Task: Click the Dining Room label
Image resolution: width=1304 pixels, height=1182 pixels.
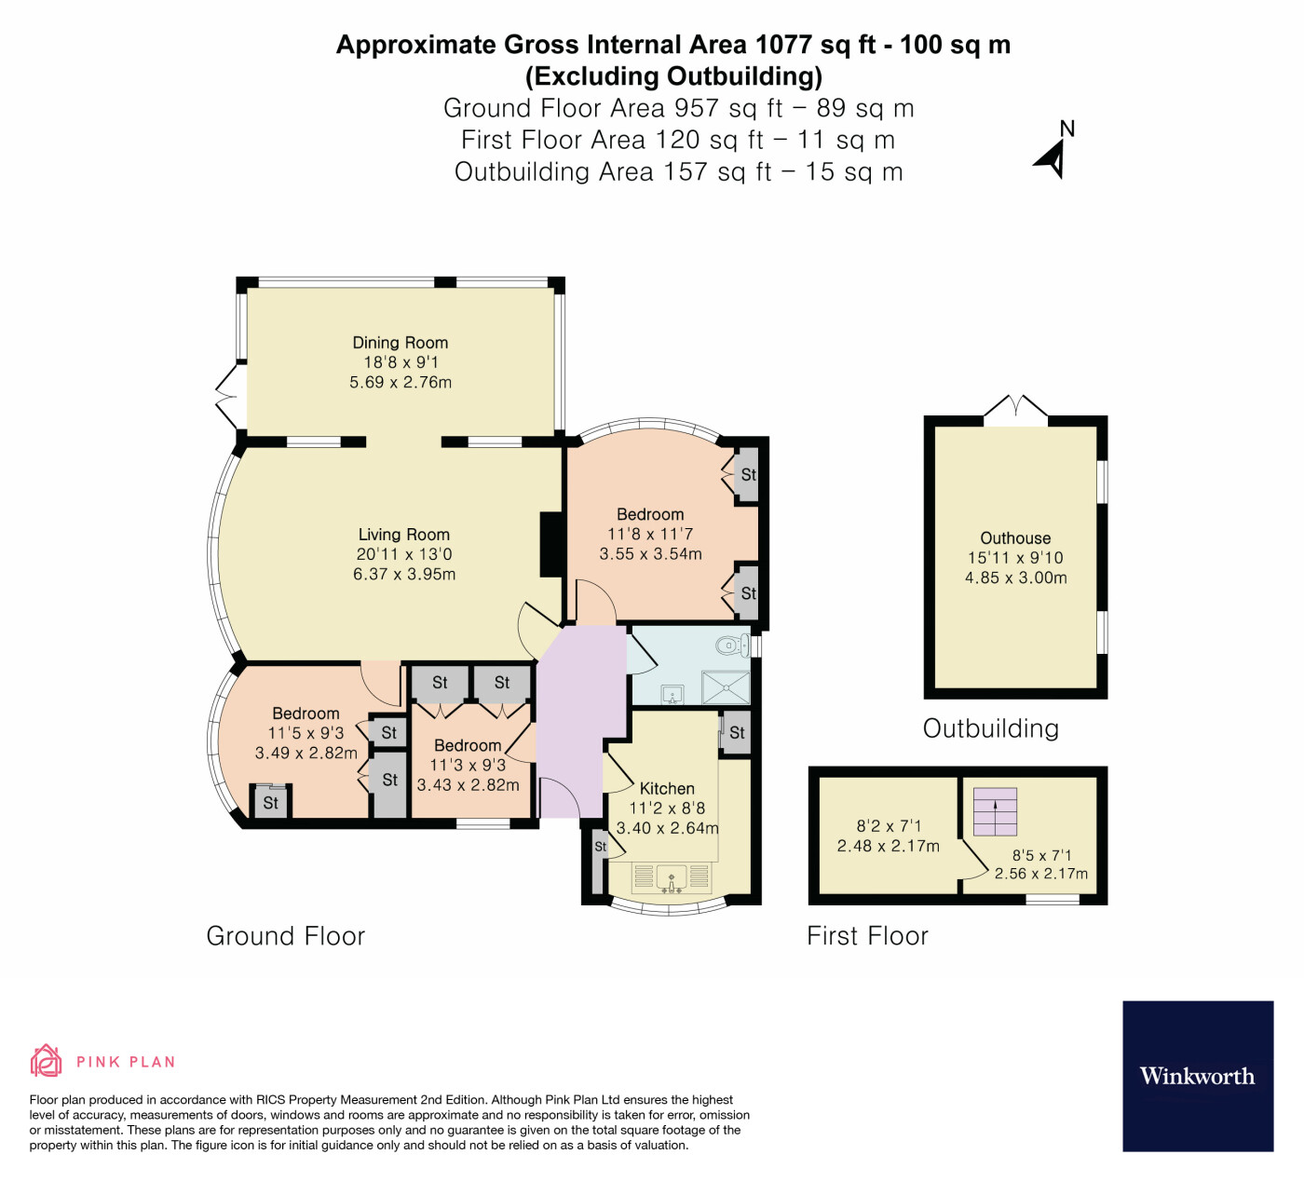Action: pos(400,343)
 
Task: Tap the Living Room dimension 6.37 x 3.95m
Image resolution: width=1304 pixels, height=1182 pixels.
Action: pos(403,574)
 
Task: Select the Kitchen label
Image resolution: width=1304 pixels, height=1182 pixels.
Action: pos(667,788)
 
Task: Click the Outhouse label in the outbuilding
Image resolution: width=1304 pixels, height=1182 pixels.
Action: pos(1015,538)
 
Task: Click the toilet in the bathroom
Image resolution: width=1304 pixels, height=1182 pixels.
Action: pos(731,645)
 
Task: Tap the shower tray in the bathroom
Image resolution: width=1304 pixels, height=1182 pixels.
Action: pos(726,687)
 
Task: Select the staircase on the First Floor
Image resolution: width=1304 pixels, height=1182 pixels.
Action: pos(995,811)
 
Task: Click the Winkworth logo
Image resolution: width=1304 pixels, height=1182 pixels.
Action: pos(1197,1076)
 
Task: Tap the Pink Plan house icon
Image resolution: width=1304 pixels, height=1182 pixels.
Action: pos(46,1061)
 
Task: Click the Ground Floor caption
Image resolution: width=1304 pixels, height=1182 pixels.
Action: pos(285,936)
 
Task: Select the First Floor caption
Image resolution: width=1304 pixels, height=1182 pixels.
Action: pos(867,936)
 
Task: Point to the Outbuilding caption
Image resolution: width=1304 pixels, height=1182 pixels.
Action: pos(990,728)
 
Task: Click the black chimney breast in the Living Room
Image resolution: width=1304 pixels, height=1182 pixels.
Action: pos(551,544)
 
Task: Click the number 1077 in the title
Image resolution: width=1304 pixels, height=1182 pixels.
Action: pos(784,45)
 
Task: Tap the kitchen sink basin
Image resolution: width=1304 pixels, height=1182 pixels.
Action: pos(672,877)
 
